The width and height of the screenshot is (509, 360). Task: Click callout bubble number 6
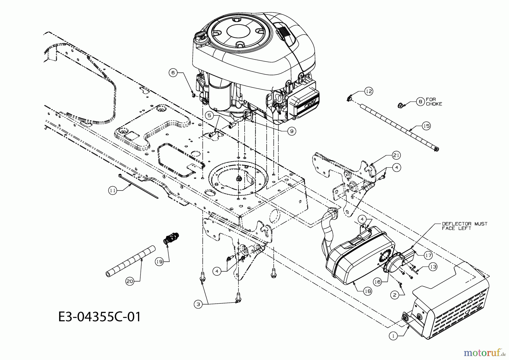click(173, 73)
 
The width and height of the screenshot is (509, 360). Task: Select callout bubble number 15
click(426, 125)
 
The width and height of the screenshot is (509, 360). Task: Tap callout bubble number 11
click(113, 191)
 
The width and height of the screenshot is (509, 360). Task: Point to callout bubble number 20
click(130, 281)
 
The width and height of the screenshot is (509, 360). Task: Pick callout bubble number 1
click(393, 336)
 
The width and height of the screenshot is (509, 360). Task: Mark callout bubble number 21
click(396, 155)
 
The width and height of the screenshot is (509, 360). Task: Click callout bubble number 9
click(292, 131)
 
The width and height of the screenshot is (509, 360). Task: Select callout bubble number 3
click(198, 304)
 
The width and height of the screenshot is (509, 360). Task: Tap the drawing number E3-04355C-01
click(99, 317)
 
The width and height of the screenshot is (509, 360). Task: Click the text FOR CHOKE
click(434, 102)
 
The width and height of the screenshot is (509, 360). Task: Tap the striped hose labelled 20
click(131, 261)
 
